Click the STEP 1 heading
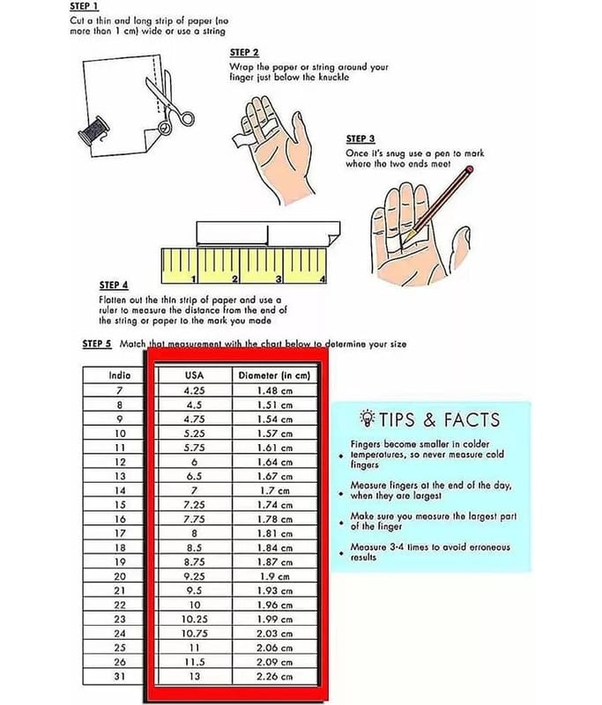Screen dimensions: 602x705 (84, 6)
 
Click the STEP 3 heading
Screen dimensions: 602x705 (360, 138)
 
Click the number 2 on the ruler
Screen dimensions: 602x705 (234, 278)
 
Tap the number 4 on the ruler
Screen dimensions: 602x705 (322, 278)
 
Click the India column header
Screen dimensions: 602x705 (120, 375)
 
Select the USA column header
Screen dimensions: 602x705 (194, 375)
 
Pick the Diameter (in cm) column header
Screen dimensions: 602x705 (274, 375)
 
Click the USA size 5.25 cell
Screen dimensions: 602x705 (194, 434)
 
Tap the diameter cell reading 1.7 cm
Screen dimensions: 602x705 (274, 491)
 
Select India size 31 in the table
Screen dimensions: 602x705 (120, 676)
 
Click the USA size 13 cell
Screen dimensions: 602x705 (194, 676)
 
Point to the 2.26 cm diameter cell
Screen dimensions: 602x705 (274, 676)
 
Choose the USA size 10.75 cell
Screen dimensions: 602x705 (194, 634)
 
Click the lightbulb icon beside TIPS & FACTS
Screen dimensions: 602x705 (368, 418)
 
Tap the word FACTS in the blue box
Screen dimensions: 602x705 (472, 419)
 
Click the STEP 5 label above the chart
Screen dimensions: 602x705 (97, 344)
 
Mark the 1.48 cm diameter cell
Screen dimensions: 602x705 (274, 390)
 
